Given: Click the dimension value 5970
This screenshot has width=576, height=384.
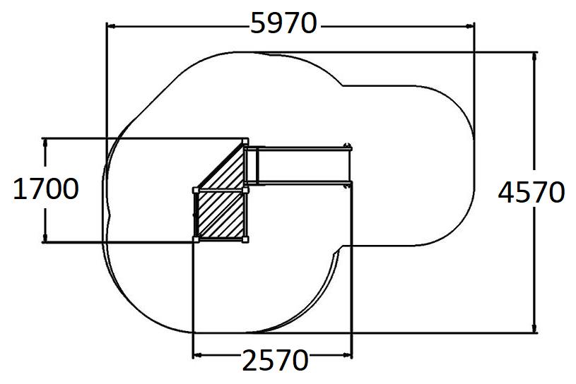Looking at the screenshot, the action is coord(283,23).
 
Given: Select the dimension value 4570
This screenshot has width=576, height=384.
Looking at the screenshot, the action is coord(531,193).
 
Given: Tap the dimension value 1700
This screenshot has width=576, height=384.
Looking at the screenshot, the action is coord(45,189).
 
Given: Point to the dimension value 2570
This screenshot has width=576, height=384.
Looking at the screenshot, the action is coord(275,360).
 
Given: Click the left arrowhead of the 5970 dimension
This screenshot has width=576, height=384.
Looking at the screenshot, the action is coord(111,26).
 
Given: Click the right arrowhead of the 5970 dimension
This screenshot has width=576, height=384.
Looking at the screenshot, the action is coord(469,26).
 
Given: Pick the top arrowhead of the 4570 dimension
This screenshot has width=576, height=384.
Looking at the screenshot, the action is coord(534,57).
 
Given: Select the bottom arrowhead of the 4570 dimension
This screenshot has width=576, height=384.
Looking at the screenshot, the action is coord(534,328).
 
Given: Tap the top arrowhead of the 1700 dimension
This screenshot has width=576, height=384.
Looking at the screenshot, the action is coord(45,143).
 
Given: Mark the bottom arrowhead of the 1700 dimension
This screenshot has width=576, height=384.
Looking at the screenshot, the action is coord(45,237).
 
